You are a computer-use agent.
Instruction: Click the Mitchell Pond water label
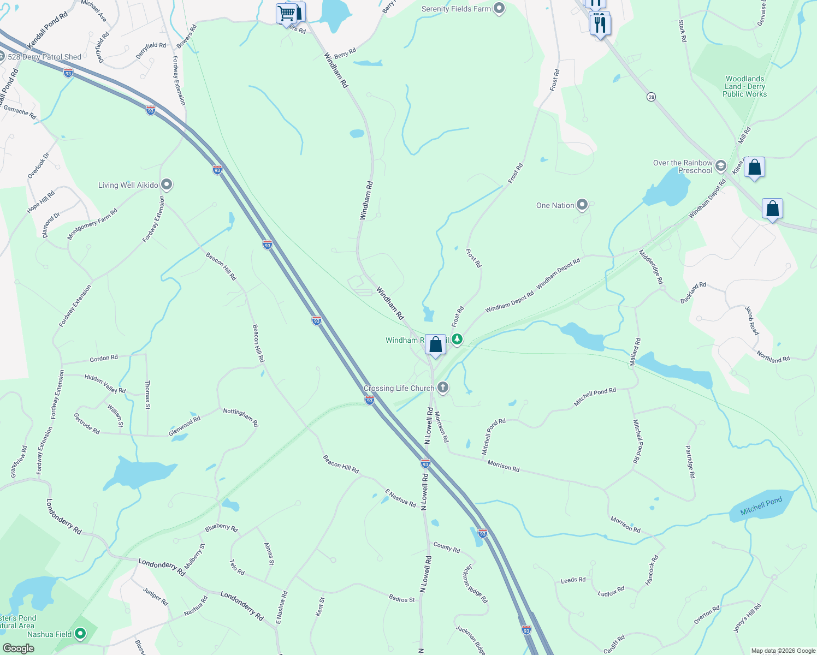761,507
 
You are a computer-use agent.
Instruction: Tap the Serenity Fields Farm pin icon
499,8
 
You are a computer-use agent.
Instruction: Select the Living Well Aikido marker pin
167,185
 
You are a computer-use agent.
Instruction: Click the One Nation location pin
582,205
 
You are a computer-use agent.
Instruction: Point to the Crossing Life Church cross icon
443,388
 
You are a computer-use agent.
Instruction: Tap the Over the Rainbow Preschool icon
721,166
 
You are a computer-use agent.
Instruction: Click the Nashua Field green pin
80,634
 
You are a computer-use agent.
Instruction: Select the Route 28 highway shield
651,97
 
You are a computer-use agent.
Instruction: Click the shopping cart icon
286,13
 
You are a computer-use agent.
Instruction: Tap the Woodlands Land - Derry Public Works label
744,86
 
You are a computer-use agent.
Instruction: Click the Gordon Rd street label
104,359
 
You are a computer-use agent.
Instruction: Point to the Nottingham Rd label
241,417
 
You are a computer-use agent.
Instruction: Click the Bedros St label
401,599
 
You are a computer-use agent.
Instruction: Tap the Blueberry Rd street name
221,528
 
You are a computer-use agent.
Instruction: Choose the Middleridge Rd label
651,266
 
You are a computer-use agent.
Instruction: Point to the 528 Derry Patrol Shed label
44,57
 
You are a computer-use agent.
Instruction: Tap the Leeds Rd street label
573,580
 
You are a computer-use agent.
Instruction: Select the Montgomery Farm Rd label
92,224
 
